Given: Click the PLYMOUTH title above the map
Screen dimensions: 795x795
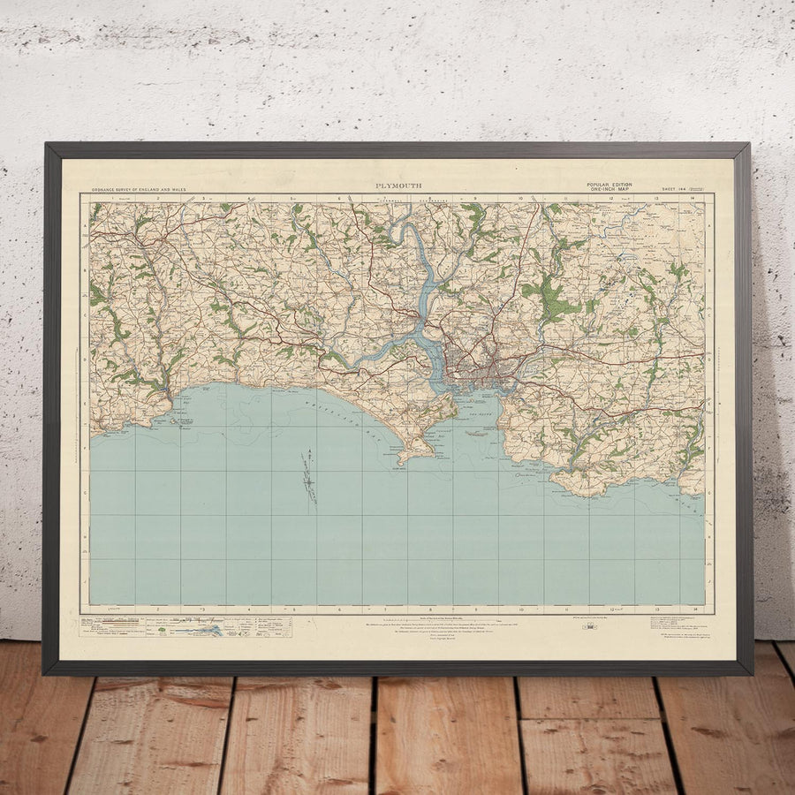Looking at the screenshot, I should click(x=398, y=185).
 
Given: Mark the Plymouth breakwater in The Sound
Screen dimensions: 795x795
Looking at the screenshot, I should click(x=478, y=433).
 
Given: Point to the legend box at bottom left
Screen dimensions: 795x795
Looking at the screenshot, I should click(x=177, y=628).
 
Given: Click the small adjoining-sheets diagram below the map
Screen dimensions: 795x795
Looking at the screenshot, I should click(x=585, y=626).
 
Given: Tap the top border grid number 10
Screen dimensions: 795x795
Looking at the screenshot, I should click(x=521, y=199).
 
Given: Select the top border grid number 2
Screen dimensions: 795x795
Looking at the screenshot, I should click(x=157, y=199).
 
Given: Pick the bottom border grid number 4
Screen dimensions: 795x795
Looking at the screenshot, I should click(x=248, y=609).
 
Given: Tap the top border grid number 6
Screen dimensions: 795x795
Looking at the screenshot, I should click(x=339, y=199).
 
